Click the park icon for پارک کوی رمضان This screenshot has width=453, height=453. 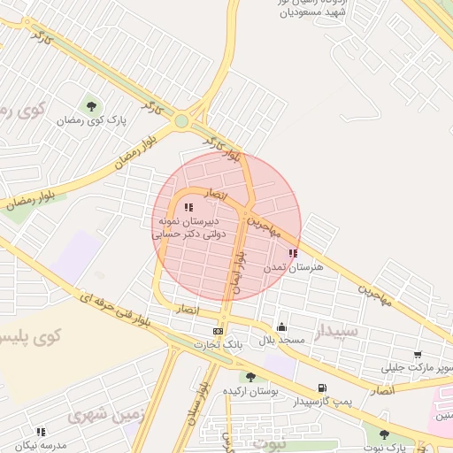click(92, 107)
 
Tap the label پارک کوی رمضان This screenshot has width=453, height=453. click(92, 119)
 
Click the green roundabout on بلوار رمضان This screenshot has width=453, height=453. click(181, 121)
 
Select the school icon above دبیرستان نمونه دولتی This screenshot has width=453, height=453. click(188, 207)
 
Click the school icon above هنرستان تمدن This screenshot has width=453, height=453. click(293, 253)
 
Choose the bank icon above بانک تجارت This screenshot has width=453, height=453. click(219, 331)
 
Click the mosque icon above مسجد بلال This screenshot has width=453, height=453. click(281, 326)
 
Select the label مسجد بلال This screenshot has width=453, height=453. click(281, 340)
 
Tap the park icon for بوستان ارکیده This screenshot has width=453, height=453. click(250, 377)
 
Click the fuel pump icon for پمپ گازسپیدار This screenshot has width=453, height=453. click(321, 388)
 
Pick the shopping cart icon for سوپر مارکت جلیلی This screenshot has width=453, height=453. click(417, 355)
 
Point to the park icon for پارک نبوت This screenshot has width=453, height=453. click(384, 434)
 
